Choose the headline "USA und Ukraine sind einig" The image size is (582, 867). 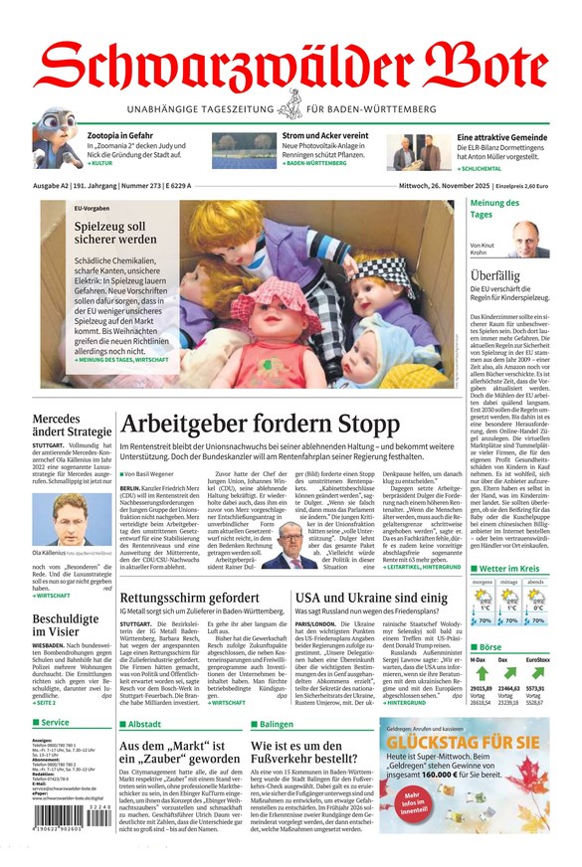[371, 570]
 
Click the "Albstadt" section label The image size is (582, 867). [144, 724]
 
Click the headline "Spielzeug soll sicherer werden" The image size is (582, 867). [114, 233]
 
